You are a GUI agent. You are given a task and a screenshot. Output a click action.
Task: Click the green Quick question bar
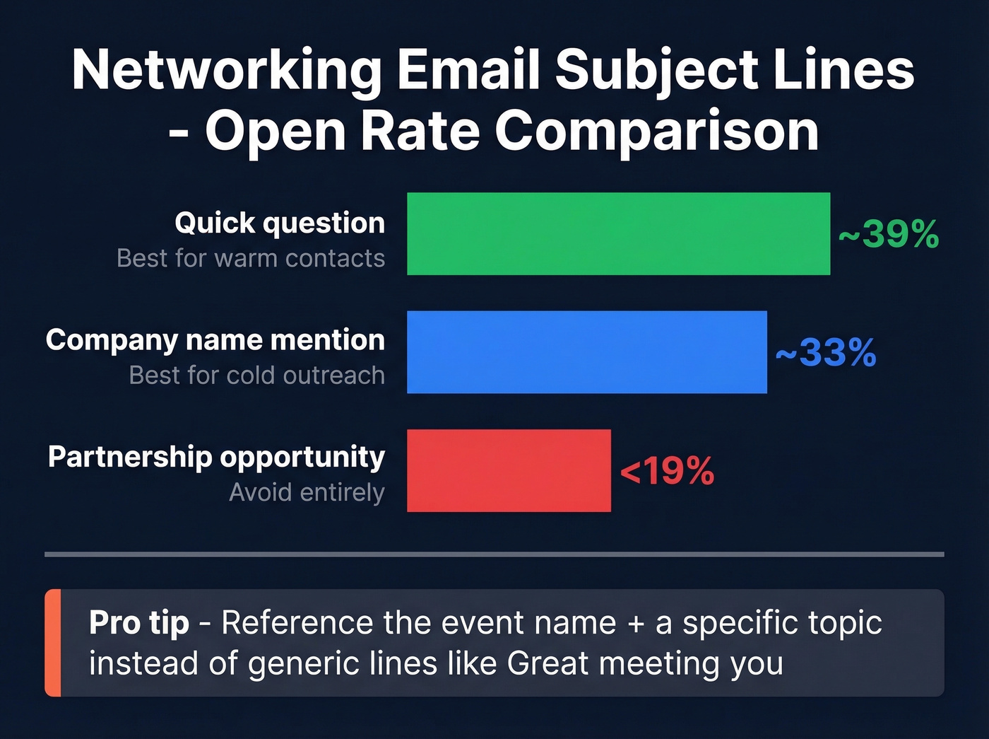[x=618, y=233]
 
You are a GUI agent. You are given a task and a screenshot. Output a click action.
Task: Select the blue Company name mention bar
[x=586, y=351]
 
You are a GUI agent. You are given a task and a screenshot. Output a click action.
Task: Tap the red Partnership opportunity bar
[x=509, y=470]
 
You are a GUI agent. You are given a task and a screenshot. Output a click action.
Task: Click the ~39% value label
[x=889, y=234]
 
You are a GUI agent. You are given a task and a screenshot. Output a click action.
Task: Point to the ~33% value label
[x=826, y=352]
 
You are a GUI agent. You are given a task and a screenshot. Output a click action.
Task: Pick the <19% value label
[x=667, y=471]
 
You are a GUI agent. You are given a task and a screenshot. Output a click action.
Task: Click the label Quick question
[x=280, y=223]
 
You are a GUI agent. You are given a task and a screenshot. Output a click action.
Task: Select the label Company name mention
[x=215, y=340]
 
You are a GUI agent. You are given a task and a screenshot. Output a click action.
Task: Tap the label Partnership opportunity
[x=216, y=458]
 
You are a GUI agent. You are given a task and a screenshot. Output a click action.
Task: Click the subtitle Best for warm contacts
[x=251, y=259]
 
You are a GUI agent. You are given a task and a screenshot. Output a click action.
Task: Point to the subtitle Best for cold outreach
[x=257, y=376]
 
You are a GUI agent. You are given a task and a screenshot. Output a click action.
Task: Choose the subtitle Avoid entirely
[x=307, y=492]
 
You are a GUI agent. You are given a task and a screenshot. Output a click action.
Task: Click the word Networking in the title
[x=227, y=71]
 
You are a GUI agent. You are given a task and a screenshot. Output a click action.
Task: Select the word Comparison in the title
[x=657, y=132]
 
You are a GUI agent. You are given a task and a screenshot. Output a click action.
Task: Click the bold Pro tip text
[x=139, y=623]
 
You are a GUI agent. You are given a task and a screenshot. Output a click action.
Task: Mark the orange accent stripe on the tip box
[x=53, y=642]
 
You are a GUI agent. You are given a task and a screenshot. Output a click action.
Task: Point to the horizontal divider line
[x=494, y=554]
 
